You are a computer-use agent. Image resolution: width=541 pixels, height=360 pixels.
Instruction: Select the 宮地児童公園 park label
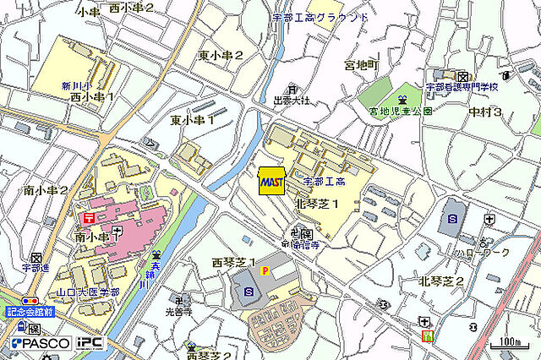(x=401, y=111)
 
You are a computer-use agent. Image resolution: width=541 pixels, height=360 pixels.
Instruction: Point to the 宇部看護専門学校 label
(x=462, y=87)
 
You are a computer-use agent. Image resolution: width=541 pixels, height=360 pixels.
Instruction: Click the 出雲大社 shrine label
(x=292, y=101)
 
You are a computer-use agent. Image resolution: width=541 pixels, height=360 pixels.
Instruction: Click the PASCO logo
(x=41, y=344)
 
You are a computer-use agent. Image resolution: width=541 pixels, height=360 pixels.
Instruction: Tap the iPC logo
(x=90, y=344)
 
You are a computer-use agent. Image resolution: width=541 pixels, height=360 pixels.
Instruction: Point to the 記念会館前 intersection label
(x=30, y=312)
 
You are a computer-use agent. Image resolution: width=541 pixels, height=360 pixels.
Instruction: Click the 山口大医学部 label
(x=85, y=292)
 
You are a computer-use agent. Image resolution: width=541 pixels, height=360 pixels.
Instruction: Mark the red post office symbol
(x=89, y=216)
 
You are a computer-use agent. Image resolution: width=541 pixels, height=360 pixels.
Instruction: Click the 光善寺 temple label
(x=178, y=311)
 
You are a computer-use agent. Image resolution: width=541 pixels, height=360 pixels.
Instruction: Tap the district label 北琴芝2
(x=441, y=281)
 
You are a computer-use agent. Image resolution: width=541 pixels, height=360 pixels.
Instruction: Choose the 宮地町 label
(x=362, y=65)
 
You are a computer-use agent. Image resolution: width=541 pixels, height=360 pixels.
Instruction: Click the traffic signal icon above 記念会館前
(x=30, y=300)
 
